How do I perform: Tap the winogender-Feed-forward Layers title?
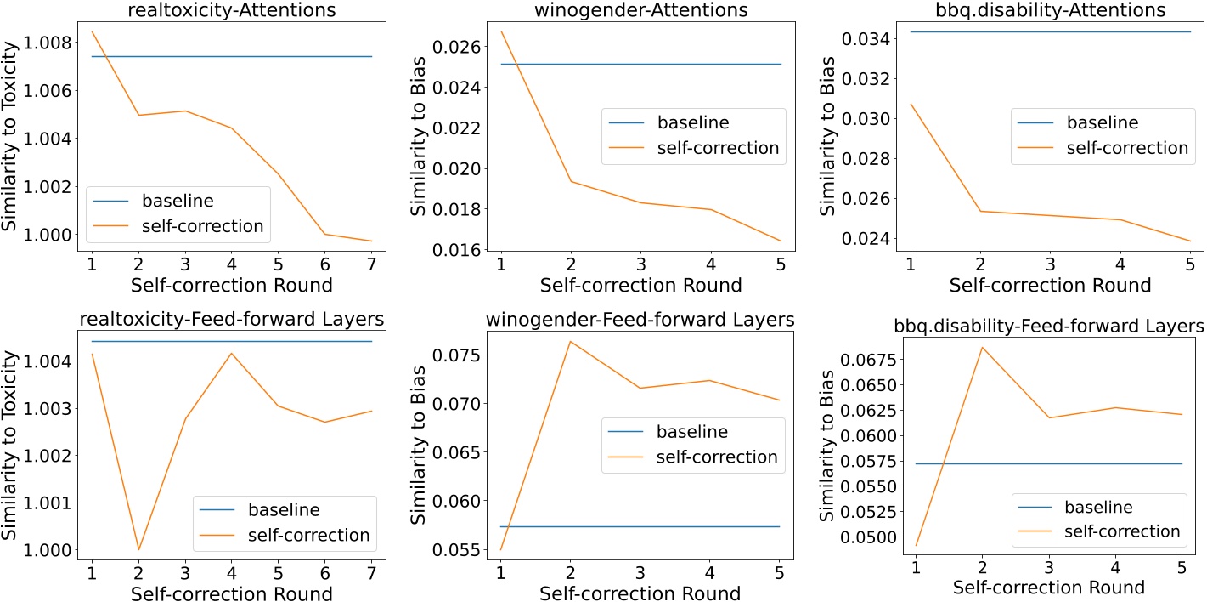pyautogui.click(x=640, y=320)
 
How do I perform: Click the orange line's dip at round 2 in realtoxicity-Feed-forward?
pyautogui.click(x=138, y=549)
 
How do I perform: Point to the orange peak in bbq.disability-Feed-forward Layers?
pyautogui.click(x=984, y=347)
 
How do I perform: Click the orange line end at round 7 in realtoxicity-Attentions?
pyautogui.click(x=372, y=241)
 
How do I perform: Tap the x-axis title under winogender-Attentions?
pyautogui.click(x=640, y=285)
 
